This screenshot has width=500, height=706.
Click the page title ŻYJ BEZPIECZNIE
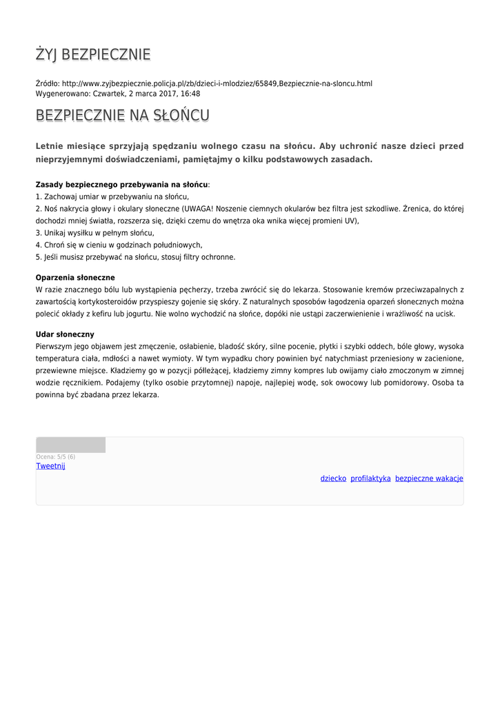(x=93, y=55)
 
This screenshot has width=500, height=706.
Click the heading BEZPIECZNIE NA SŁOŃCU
(x=123, y=115)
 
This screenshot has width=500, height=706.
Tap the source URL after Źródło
(x=217, y=83)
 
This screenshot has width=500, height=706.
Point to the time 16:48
(x=191, y=94)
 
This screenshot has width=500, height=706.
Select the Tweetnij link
(x=50, y=466)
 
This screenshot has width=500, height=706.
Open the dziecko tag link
(x=333, y=478)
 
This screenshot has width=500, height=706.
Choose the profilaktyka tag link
(x=370, y=478)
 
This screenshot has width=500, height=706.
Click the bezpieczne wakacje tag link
(x=429, y=478)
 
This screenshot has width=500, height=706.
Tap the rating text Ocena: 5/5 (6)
(x=56, y=456)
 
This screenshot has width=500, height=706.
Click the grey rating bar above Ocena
(x=70, y=445)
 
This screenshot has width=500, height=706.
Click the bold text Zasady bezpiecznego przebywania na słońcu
(x=121, y=185)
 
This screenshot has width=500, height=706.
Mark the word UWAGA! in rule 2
(x=200, y=208)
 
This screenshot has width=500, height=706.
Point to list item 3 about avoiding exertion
(x=94, y=233)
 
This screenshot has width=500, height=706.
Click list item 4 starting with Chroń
(x=119, y=245)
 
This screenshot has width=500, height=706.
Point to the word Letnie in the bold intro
(x=50, y=146)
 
